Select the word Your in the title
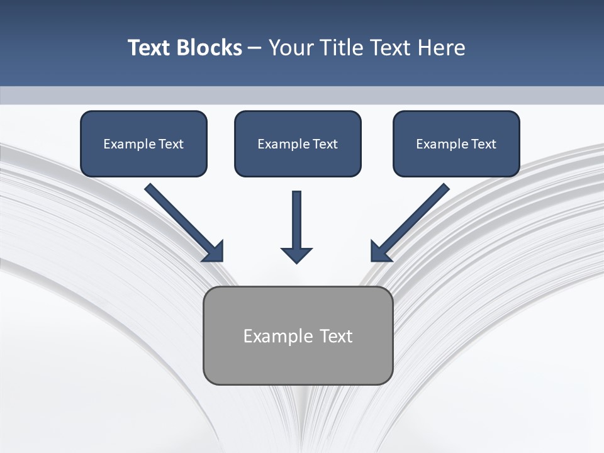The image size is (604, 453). (x=291, y=48)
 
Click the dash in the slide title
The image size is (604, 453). (x=255, y=48)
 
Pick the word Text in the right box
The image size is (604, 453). (x=483, y=144)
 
